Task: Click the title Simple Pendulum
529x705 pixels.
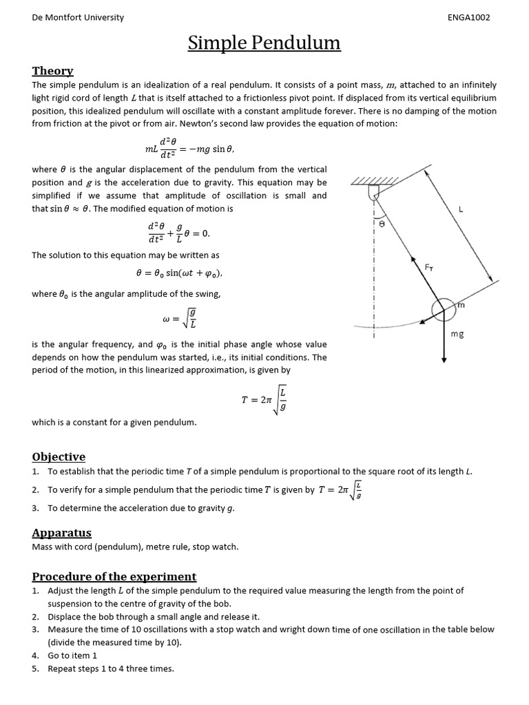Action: (x=264, y=43)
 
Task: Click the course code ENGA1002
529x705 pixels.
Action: (x=468, y=18)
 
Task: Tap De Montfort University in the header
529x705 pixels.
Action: (x=78, y=18)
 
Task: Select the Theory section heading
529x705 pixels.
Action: (x=53, y=71)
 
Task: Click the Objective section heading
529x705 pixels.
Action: (x=59, y=456)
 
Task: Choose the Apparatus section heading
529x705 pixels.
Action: (x=61, y=532)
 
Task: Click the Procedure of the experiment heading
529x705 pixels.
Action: (x=114, y=576)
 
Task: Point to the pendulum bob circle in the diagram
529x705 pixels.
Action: (x=443, y=310)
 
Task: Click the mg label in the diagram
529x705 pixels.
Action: (x=457, y=334)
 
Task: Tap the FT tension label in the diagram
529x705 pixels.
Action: (x=430, y=266)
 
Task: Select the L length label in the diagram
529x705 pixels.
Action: (x=460, y=210)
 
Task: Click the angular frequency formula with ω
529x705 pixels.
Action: (x=179, y=319)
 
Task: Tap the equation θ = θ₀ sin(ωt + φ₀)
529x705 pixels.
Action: (x=179, y=273)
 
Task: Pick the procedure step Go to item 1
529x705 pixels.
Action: (x=72, y=655)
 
